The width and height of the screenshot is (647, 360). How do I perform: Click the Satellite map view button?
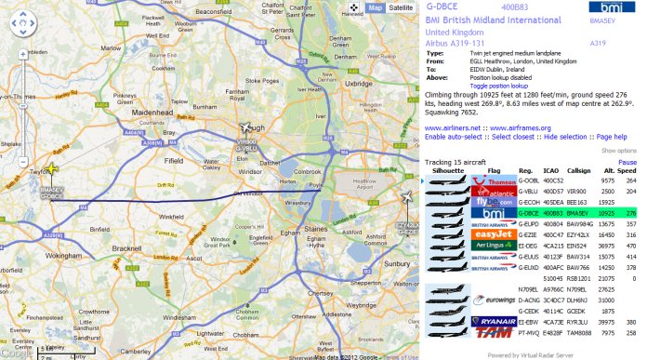click(402, 7)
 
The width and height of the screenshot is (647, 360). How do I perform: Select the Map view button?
click(375, 7)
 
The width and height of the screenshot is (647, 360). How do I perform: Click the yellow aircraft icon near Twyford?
click(53, 169)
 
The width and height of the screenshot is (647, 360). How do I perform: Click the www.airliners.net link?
click(453, 128)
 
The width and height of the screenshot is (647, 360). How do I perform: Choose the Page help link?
click(611, 137)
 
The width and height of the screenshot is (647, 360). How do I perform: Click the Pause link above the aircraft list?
click(627, 163)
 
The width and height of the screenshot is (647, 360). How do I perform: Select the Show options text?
click(619, 150)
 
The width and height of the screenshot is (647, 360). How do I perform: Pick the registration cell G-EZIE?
click(528, 236)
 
